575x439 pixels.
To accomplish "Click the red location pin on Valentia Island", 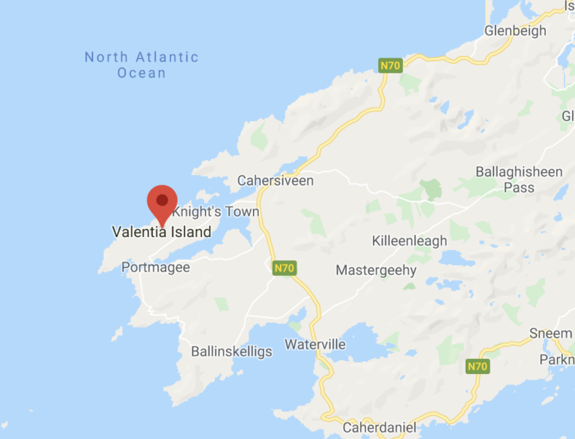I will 162,202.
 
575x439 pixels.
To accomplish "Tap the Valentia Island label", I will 162,232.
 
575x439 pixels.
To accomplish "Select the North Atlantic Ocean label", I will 142,64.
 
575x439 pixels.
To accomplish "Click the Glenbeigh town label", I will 515,31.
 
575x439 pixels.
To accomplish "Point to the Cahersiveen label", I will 276,180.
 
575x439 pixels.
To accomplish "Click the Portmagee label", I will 156,267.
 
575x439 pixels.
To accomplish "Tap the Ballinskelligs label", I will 231,351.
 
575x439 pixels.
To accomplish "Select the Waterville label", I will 315,345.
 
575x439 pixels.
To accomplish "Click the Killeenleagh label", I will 410,241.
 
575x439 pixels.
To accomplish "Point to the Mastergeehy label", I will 376,270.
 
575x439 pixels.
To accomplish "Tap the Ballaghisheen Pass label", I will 519,179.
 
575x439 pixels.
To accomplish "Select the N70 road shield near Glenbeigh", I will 390,65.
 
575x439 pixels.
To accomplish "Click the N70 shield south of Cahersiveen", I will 285,268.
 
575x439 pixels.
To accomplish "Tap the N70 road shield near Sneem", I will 477,366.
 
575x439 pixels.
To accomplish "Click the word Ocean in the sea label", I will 142,73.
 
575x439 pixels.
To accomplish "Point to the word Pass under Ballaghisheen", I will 519,187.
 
